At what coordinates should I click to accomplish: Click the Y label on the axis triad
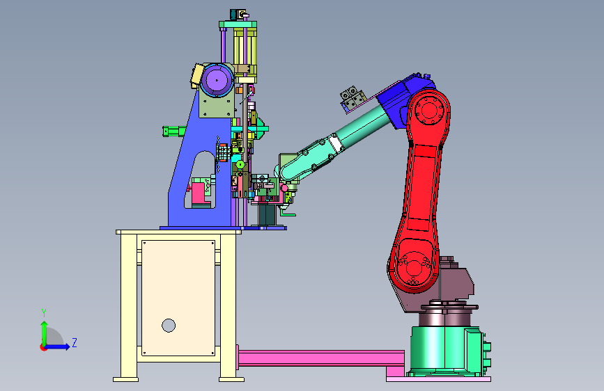click(44, 312)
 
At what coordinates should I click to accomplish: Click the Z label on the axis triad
click(75, 342)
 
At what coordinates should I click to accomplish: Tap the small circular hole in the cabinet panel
click(169, 326)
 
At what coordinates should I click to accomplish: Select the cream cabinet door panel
click(178, 298)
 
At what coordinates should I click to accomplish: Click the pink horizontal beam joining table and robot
click(320, 358)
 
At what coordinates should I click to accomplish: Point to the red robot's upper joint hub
click(428, 111)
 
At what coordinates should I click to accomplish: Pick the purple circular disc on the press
click(217, 81)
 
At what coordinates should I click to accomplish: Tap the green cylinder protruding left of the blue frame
click(174, 131)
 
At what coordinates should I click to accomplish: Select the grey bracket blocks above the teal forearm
click(353, 99)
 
